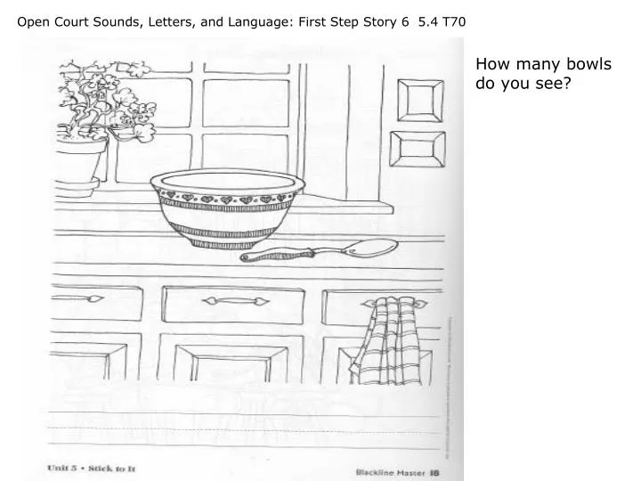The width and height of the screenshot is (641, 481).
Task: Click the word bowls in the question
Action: [x=591, y=65]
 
